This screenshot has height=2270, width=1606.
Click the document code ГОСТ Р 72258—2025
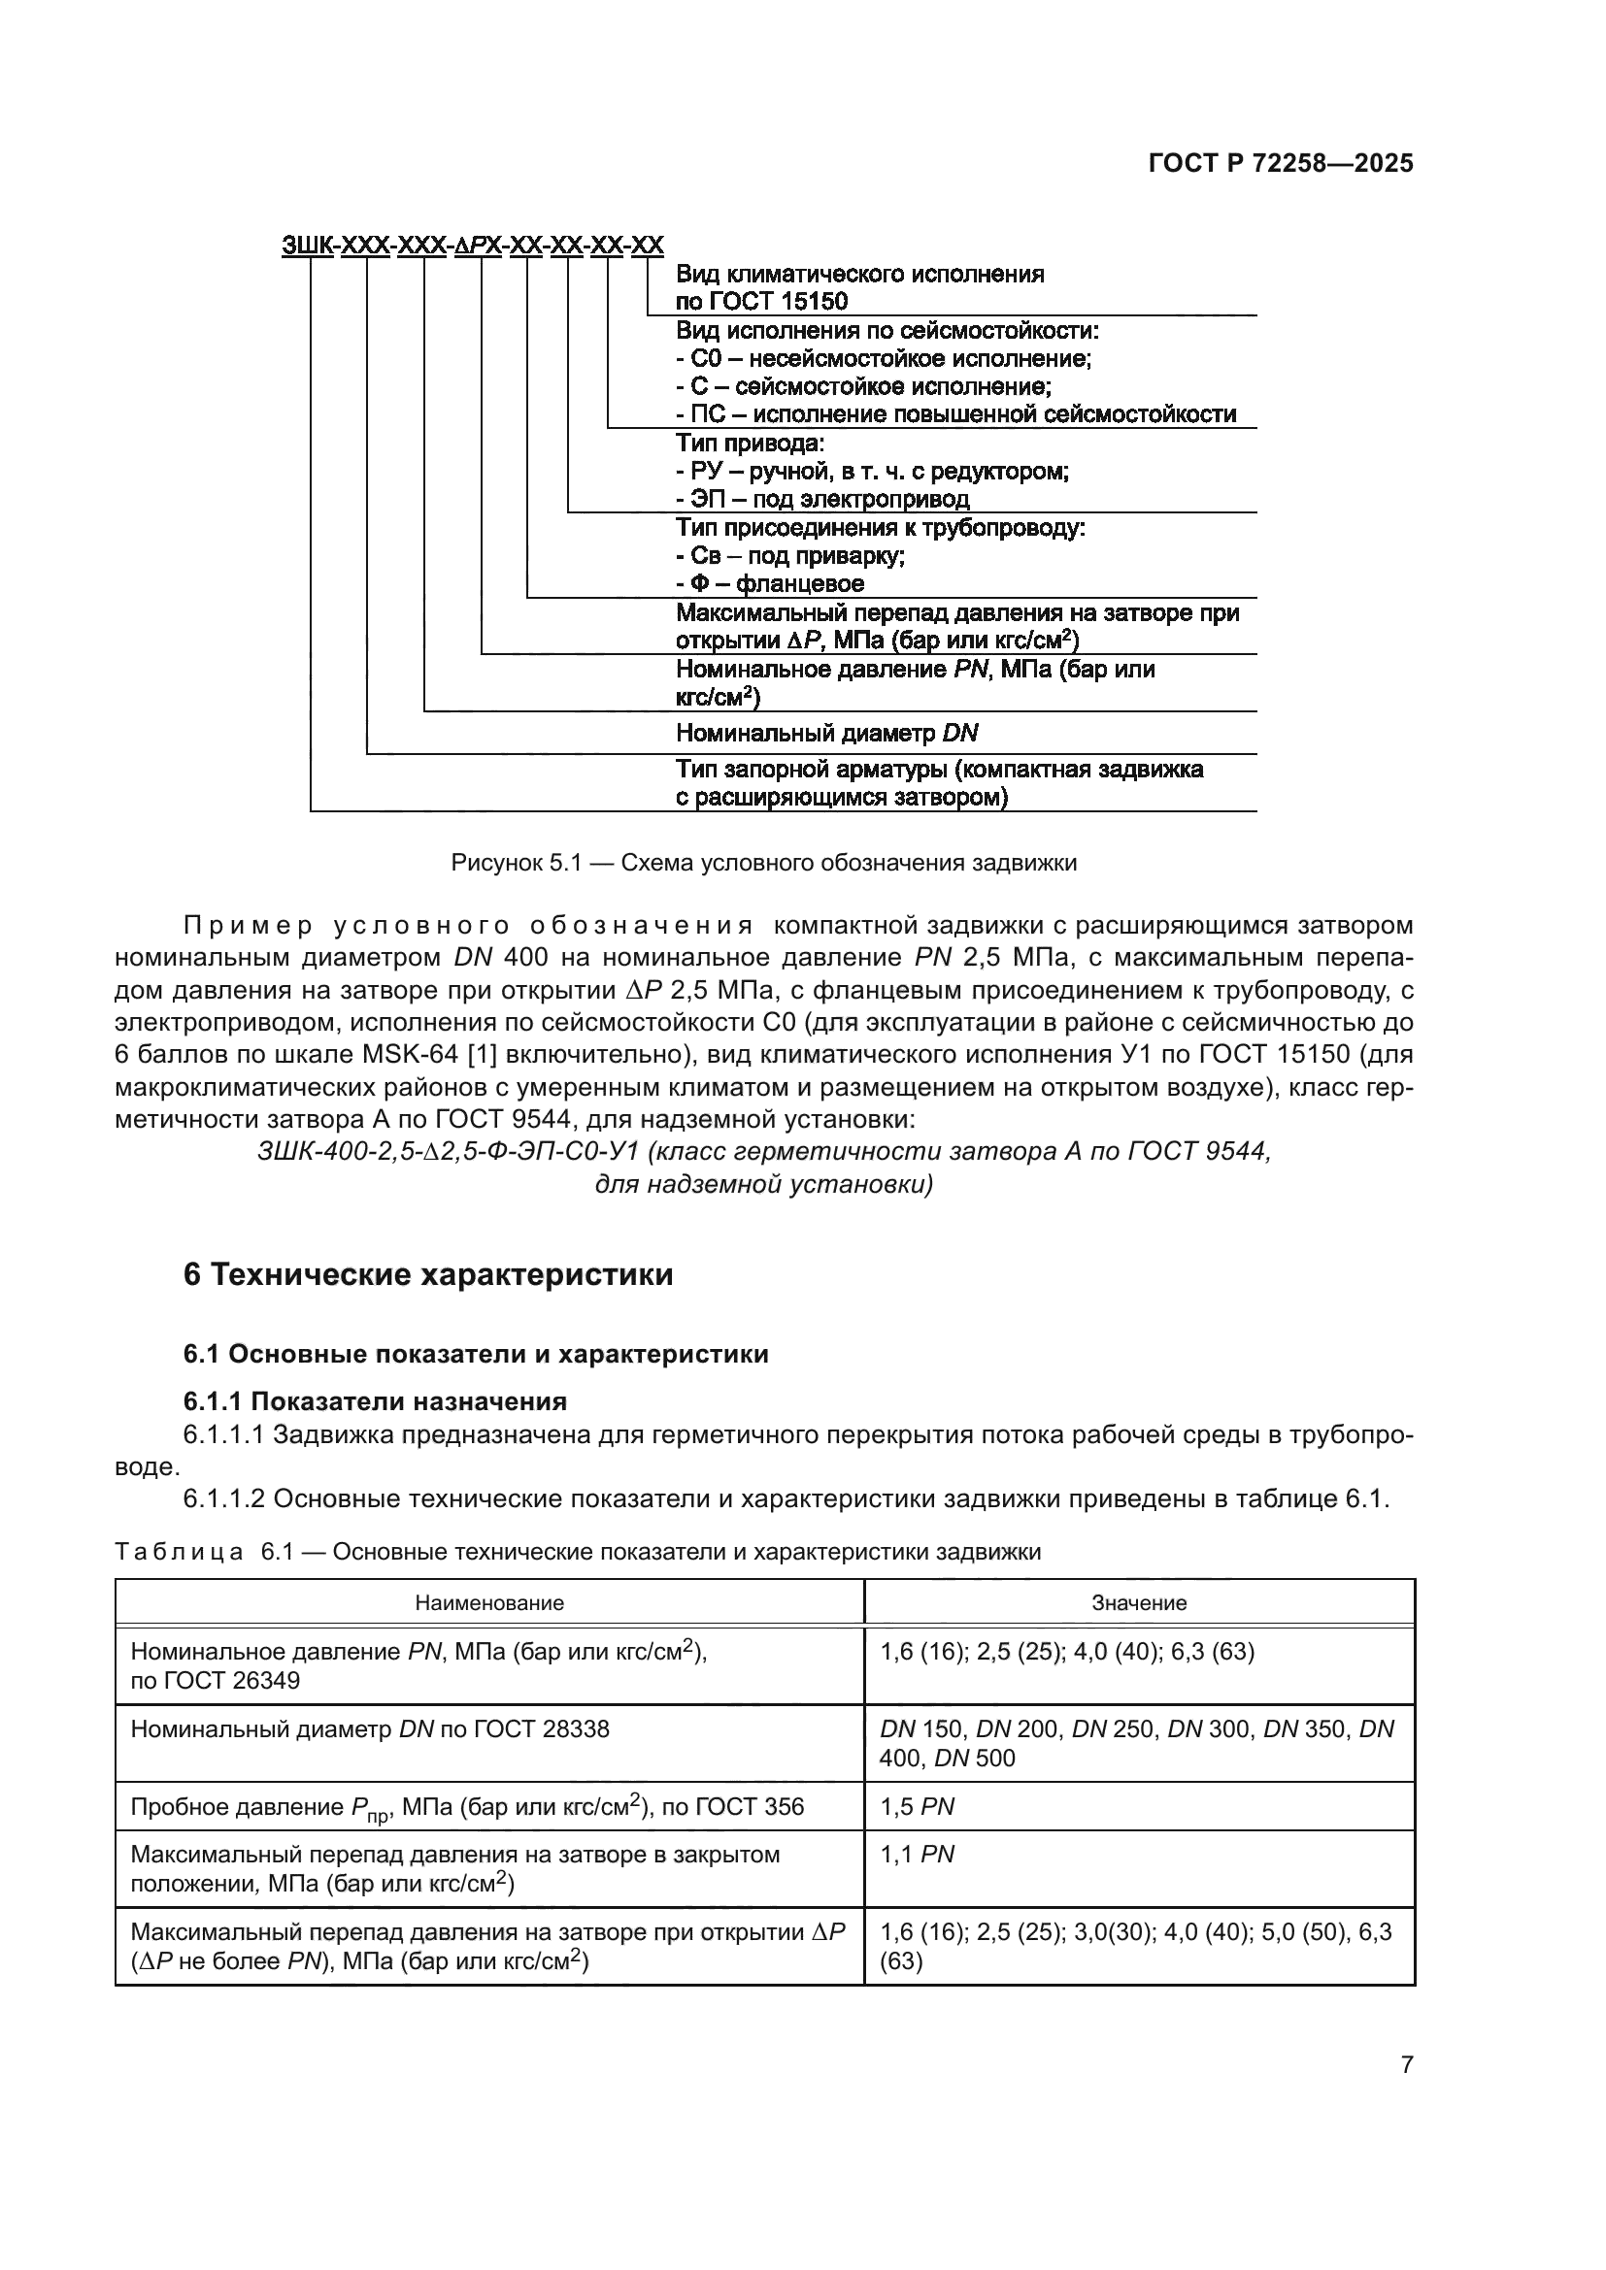(x=1281, y=163)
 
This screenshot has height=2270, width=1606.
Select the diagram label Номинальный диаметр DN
(x=826, y=733)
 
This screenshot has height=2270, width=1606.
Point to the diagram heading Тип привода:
(x=750, y=443)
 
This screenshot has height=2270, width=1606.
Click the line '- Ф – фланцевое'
(x=769, y=583)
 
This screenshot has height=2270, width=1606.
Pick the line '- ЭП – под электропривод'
(x=821, y=498)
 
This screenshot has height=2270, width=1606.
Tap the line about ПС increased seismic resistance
(x=955, y=414)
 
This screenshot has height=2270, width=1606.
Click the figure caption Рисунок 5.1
(x=763, y=863)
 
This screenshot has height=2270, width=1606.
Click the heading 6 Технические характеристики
(x=428, y=1274)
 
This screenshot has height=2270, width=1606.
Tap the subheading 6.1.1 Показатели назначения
(x=375, y=1401)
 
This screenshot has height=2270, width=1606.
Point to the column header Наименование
(x=488, y=1602)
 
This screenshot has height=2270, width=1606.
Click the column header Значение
(x=1138, y=1602)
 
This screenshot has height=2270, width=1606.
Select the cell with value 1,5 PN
(x=917, y=1806)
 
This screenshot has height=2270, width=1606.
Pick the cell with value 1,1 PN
(x=917, y=1854)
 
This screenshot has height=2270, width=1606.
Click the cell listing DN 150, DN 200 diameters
(x=1136, y=1742)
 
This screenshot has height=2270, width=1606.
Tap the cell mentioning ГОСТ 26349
(x=418, y=1665)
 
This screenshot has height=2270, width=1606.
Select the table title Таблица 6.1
(x=578, y=1551)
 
